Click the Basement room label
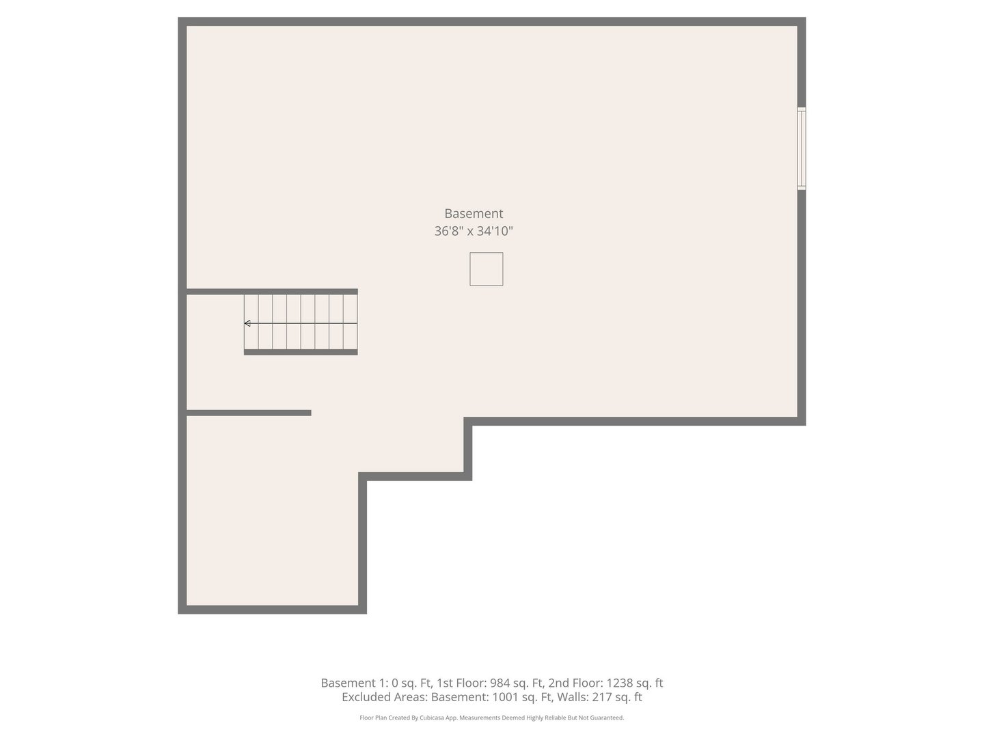[474, 213]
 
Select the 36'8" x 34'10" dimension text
[474, 231]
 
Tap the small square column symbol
[486, 269]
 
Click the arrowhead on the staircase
[247, 323]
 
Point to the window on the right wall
[802, 148]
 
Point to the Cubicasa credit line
[491, 718]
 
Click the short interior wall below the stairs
[249, 413]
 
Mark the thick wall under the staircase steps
[301, 352]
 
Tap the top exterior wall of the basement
[492, 22]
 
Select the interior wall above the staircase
[272, 292]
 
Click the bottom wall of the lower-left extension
[272, 610]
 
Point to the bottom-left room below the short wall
[272, 512]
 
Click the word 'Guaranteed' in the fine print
[607, 718]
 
